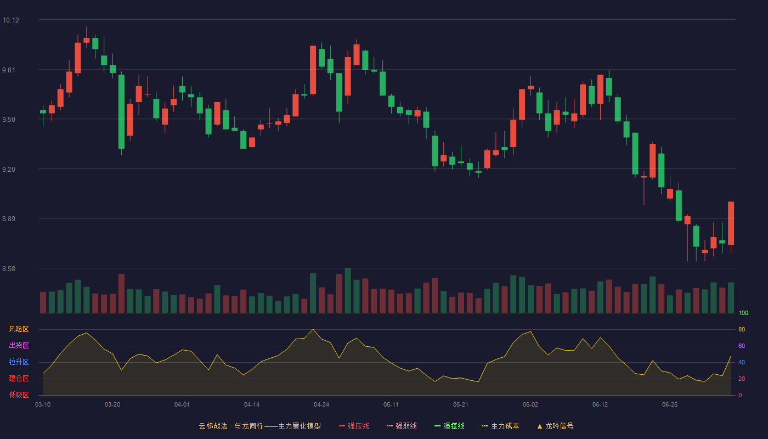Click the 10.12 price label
pos(10,20)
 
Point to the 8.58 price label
pos(9,268)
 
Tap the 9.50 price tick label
pos(9,120)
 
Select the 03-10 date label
pos(43,405)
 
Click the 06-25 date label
pos(670,405)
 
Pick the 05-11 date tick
pos(391,405)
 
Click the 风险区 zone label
pos(19,329)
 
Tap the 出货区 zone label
pos(19,345)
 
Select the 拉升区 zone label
pos(19,362)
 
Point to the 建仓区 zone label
pos(19,378)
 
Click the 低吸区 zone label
pos(19,395)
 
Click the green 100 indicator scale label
pos(743,313)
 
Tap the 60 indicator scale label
pos(742,346)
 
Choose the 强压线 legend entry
pos(354,426)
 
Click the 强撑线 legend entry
pos(449,426)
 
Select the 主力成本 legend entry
pos(500,426)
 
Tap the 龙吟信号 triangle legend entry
pos(555,426)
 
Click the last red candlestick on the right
pos(731,223)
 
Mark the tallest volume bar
pos(348,290)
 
